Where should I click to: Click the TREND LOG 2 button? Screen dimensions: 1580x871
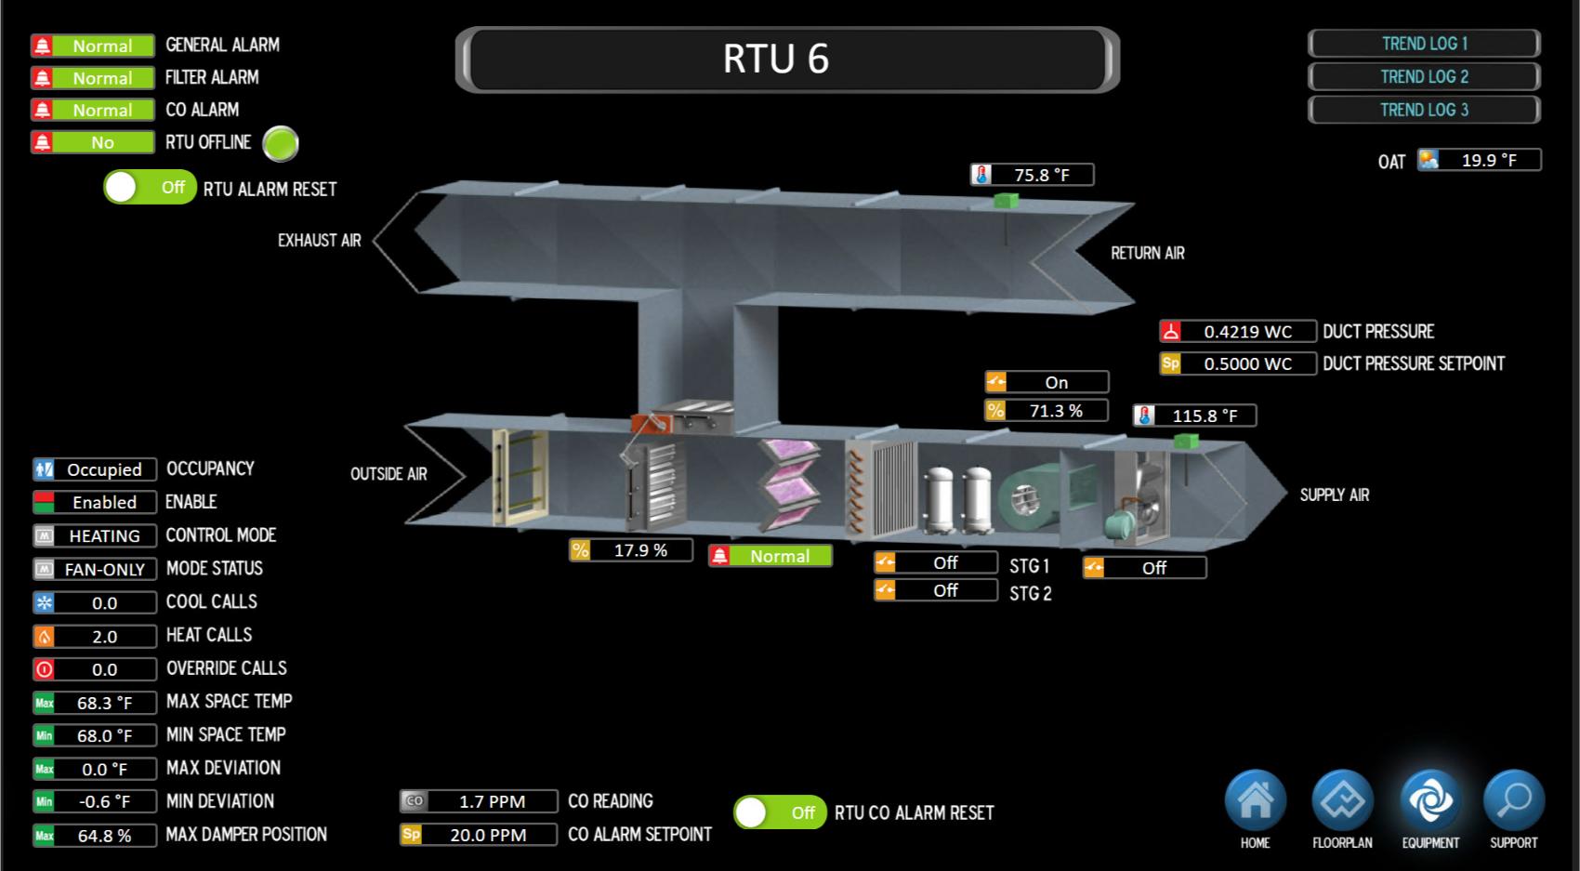1424,77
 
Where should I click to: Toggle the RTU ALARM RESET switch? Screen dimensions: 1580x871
150,188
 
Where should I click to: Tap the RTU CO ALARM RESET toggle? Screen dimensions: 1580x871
780,812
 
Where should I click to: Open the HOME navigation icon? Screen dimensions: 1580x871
1255,800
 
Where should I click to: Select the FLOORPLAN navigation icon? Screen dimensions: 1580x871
1342,800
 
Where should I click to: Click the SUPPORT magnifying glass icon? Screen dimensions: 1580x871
1514,800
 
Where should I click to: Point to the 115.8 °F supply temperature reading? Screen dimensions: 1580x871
1194,416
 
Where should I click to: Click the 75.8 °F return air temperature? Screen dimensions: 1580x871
1032,174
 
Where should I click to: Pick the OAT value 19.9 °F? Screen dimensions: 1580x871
1479,160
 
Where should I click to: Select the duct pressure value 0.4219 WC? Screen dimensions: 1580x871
1238,331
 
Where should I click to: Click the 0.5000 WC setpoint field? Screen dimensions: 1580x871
1238,363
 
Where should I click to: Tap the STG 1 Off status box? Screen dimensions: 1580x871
936,562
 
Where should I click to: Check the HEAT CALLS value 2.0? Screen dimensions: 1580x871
95,636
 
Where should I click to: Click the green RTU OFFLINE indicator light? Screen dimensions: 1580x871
281,144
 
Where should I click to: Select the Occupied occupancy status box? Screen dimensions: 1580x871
95,469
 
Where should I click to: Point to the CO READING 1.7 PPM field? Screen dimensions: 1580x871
479,801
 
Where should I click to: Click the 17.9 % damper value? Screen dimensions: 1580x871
630,550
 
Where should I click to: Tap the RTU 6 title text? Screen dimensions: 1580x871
776,59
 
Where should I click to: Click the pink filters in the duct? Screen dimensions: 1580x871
790,483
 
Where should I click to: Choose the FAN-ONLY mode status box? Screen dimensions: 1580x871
95,569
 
